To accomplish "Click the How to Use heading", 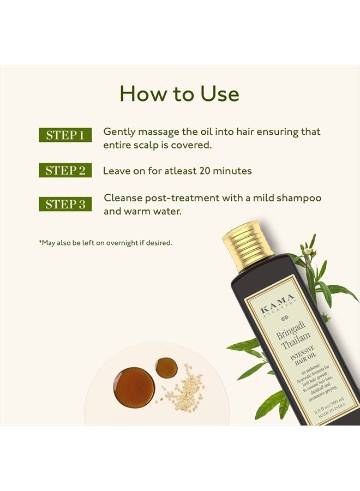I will [179, 94].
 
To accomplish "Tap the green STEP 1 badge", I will [65, 135].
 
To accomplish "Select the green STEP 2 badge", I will [65, 171].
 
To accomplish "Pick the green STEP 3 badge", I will [65, 205].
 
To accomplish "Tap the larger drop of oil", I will [134, 387].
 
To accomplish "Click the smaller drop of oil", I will [166, 368].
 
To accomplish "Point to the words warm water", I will [151, 211].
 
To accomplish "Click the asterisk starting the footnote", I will [40, 242].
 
